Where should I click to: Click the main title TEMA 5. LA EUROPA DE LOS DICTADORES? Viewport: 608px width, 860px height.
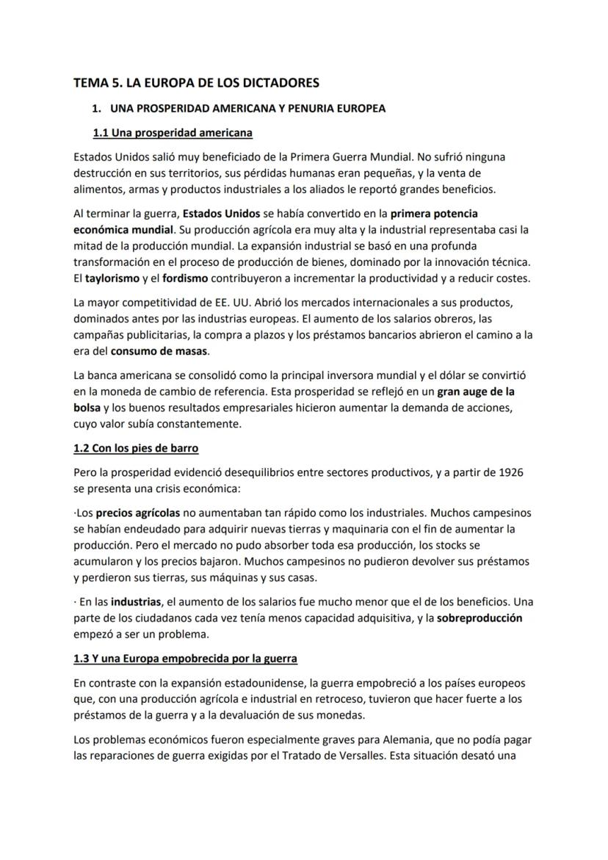click(x=196, y=83)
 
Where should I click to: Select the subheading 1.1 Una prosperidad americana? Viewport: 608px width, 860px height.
click(x=173, y=133)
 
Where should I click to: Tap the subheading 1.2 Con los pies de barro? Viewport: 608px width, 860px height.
click(x=136, y=448)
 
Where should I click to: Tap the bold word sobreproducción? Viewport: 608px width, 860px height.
click(x=479, y=618)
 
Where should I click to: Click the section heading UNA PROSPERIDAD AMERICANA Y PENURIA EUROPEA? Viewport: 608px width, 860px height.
click(x=247, y=109)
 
